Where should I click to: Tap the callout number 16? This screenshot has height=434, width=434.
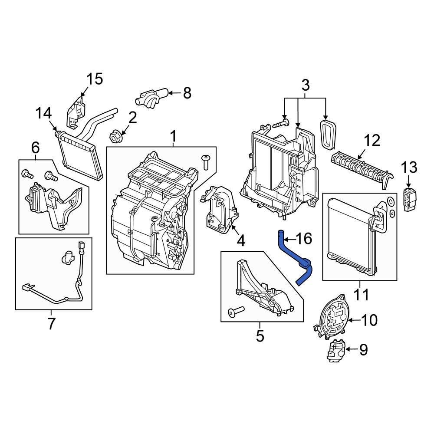(x=303, y=238)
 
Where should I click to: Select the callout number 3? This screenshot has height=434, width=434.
(x=305, y=85)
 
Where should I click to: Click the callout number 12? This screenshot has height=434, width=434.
(x=372, y=141)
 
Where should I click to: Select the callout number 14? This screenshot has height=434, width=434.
(x=43, y=114)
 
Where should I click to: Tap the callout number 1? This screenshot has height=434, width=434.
(x=173, y=137)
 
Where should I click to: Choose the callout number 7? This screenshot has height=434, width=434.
(x=51, y=323)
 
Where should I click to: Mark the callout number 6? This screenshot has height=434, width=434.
(x=35, y=148)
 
